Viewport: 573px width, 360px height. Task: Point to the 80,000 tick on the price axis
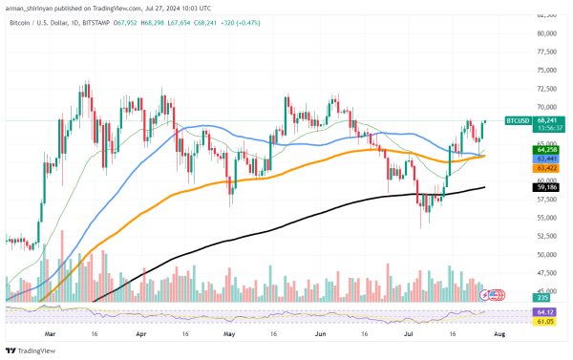click(x=547, y=33)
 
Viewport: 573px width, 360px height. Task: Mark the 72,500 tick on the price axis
click(x=547, y=89)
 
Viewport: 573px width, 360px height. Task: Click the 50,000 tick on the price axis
click(x=547, y=255)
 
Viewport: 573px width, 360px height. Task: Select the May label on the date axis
click(x=229, y=336)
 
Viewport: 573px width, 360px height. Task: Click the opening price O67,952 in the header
click(x=152, y=20)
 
